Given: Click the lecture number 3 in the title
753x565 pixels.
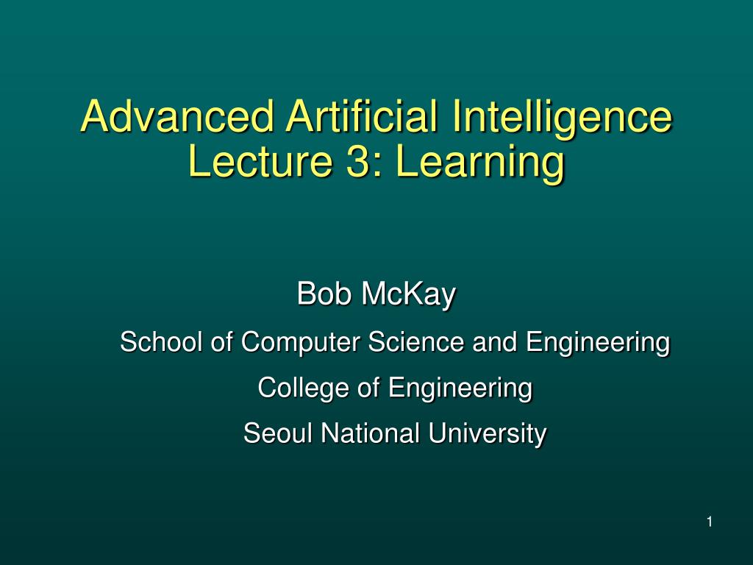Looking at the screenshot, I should [x=358, y=162].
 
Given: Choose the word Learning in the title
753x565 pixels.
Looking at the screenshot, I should [x=480, y=162].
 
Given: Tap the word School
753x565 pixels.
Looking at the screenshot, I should [x=162, y=342].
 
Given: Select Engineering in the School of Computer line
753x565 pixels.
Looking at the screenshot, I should [x=597, y=342].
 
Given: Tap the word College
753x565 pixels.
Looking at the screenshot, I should [x=304, y=387].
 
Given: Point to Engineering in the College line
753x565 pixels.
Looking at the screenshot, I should [x=460, y=387].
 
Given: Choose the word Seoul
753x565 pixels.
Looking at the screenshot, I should [x=278, y=433].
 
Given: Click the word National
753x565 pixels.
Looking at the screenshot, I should [x=371, y=433].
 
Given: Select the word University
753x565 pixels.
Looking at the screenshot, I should [x=488, y=433].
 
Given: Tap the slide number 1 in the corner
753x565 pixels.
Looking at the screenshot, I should [x=709, y=522].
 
